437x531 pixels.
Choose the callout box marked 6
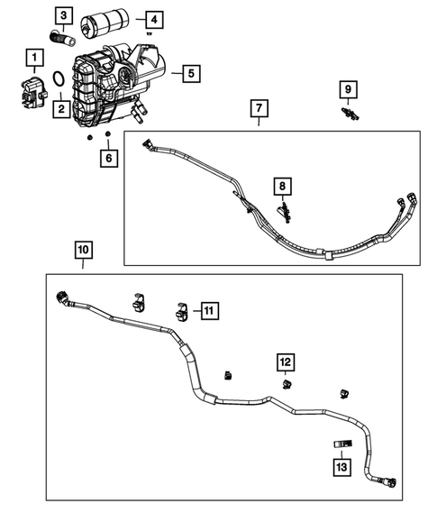[x=108, y=159]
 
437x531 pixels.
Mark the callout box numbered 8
[x=283, y=188]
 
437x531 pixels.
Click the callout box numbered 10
[x=82, y=248]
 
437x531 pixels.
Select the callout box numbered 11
[x=208, y=311]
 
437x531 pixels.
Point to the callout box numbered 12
[x=285, y=362]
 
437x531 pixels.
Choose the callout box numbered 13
[x=341, y=465]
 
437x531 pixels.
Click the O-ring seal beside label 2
[x=56, y=83]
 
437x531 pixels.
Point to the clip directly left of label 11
[x=178, y=310]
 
